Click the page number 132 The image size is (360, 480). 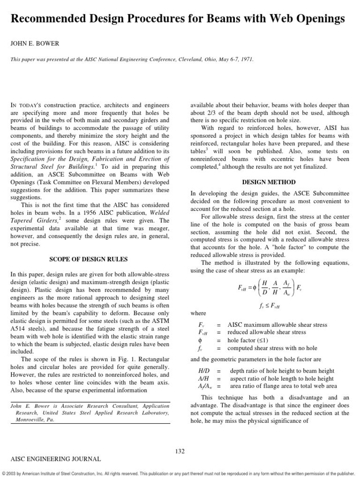[x=180, y=451]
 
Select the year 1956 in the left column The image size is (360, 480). [x=94, y=213]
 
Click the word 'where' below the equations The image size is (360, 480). [x=198, y=313]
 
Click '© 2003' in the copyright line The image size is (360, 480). [x=10, y=473]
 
